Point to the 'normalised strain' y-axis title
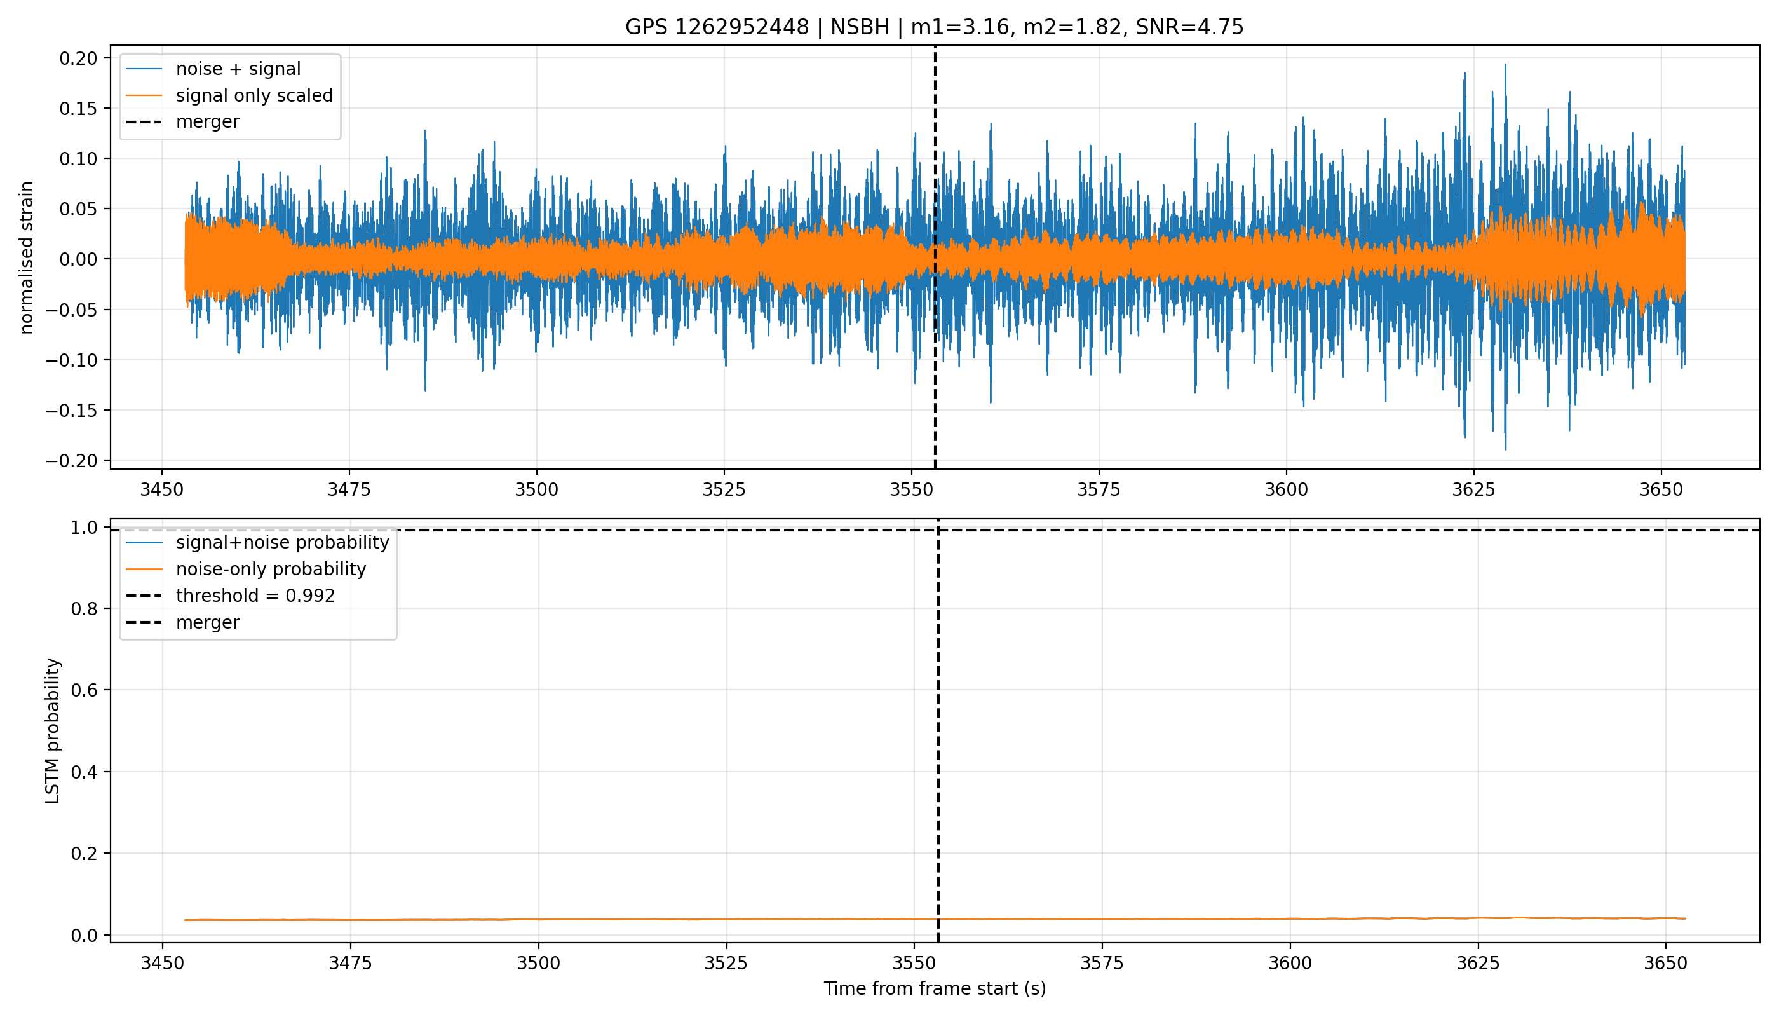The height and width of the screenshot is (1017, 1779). point(27,257)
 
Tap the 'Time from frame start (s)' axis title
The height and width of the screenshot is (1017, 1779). point(935,988)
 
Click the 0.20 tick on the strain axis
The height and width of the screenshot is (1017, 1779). point(78,58)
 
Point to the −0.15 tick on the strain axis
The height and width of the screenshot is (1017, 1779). point(72,410)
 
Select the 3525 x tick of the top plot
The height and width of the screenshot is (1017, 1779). point(724,489)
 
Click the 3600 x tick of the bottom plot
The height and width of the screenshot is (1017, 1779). point(1290,963)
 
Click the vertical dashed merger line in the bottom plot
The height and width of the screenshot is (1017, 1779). point(938,730)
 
